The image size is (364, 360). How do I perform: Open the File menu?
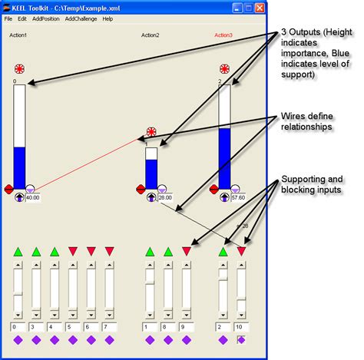point(8,18)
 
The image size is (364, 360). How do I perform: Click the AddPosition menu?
point(45,18)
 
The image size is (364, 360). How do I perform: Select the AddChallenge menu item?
point(81,18)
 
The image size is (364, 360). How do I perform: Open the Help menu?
point(108,18)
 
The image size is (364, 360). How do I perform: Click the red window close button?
point(260,7)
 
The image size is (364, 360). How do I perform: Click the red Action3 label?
point(223,35)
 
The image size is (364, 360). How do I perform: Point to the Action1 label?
point(18,35)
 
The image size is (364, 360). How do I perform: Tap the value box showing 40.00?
point(33,197)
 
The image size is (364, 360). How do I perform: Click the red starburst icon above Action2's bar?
point(151,132)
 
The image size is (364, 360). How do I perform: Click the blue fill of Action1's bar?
point(20,167)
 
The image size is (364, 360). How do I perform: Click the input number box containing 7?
point(92,327)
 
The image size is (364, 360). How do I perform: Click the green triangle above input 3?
point(36,251)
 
